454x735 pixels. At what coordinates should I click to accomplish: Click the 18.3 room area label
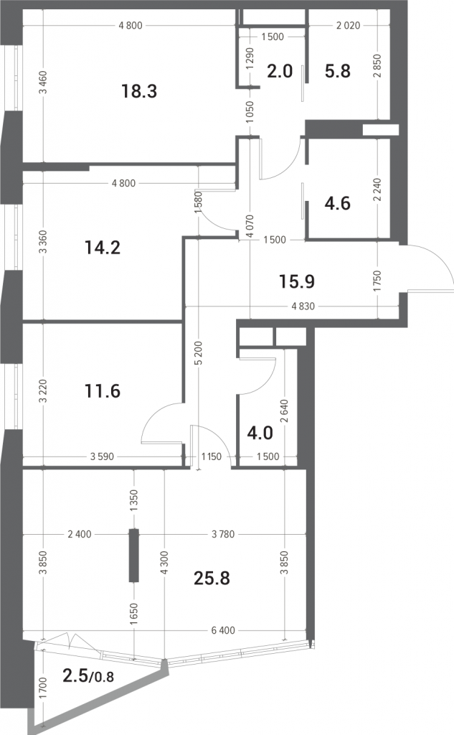coord(139,91)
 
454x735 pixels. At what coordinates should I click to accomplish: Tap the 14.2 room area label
coord(103,247)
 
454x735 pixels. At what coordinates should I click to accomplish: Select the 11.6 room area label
coord(103,390)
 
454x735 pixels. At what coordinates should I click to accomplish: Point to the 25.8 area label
coord(212,579)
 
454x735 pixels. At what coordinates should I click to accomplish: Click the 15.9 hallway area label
coord(297,281)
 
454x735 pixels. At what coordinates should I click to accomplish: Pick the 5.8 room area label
coord(337,71)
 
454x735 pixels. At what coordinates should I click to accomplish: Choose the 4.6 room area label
coord(337,203)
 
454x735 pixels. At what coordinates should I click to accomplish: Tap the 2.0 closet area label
coord(280,71)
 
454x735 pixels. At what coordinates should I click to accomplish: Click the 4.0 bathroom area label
coord(260,433)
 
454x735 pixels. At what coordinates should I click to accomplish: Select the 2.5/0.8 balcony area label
coord(88,675)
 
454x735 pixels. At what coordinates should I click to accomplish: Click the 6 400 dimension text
coord(223,630)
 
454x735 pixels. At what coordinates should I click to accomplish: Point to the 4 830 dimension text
coord(303,306)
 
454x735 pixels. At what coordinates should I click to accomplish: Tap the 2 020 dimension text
coord(348,25)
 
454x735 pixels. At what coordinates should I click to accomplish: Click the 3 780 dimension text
coord(223,534)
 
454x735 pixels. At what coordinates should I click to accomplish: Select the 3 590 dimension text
coord(102,457)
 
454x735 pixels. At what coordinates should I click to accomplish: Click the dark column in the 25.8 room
coord(134,556)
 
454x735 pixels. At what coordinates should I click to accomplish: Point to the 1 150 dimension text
coord(212,457)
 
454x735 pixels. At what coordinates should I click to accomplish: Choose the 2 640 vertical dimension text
coord(285,411)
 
